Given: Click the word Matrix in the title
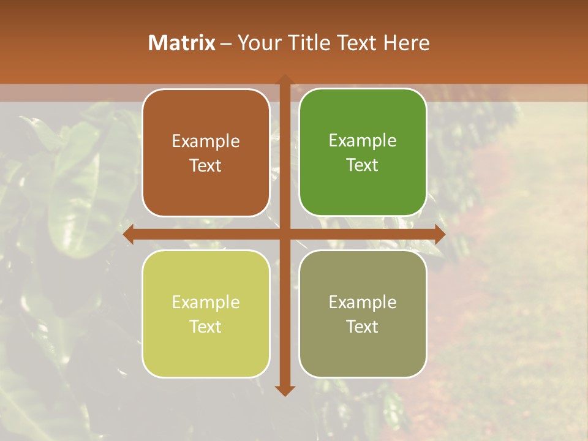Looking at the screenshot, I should click(x=182, y=43).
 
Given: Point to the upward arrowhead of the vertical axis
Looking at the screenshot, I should click(x=284, y=80).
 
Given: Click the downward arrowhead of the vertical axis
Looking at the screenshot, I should click(x=284, y=390).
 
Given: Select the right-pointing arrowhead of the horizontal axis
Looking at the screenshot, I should click(x=439, y=235).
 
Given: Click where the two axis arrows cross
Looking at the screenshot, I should click(x=284, y=235).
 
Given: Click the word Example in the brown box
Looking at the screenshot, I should click(x=206, y=141).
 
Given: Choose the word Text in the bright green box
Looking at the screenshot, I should click(x=363, y=165).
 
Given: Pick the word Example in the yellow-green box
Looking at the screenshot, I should click(x=206, y=303).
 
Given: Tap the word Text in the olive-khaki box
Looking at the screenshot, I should click(x=363, y=326).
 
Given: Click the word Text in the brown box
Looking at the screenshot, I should click(x=206, y=166).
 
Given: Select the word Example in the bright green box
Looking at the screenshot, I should click(x=363, y=141).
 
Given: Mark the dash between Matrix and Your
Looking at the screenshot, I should click(x=226, y=43).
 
